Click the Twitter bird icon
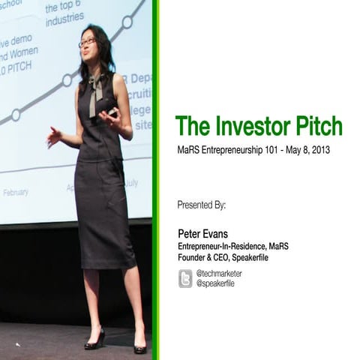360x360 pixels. coord(185,279)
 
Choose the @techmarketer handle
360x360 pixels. coord(219,274)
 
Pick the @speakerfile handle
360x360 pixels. coord(216,283)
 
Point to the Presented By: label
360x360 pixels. coord(201,204)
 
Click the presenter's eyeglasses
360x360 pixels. coord(87,43)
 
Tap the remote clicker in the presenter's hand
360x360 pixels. coord(112,112)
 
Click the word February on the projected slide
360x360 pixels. coord(16,193)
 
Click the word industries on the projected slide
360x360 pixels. coord(64,22)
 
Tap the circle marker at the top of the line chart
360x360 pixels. coord(127,22)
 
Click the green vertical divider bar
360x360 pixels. coord(155,180)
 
